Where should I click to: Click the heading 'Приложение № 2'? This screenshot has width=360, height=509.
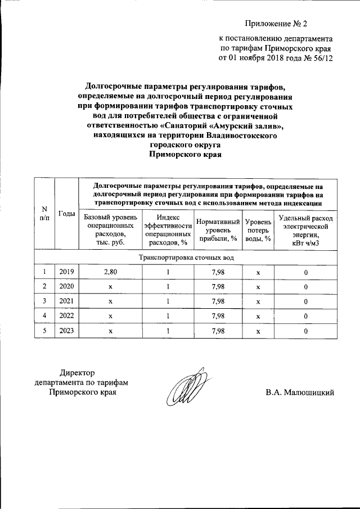pos(277,23)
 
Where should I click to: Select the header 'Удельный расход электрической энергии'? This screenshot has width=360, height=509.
pos(306,231)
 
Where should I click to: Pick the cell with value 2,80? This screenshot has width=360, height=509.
pos(110,272)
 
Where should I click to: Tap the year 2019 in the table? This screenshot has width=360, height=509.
pos(67,272)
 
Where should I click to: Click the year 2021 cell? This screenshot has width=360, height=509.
pos(67,301)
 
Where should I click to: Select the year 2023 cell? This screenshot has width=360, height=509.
pos(67,331)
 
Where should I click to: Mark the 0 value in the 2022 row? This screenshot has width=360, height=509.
pos(306,317)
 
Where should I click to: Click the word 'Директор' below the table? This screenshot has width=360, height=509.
pos(78,372)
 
